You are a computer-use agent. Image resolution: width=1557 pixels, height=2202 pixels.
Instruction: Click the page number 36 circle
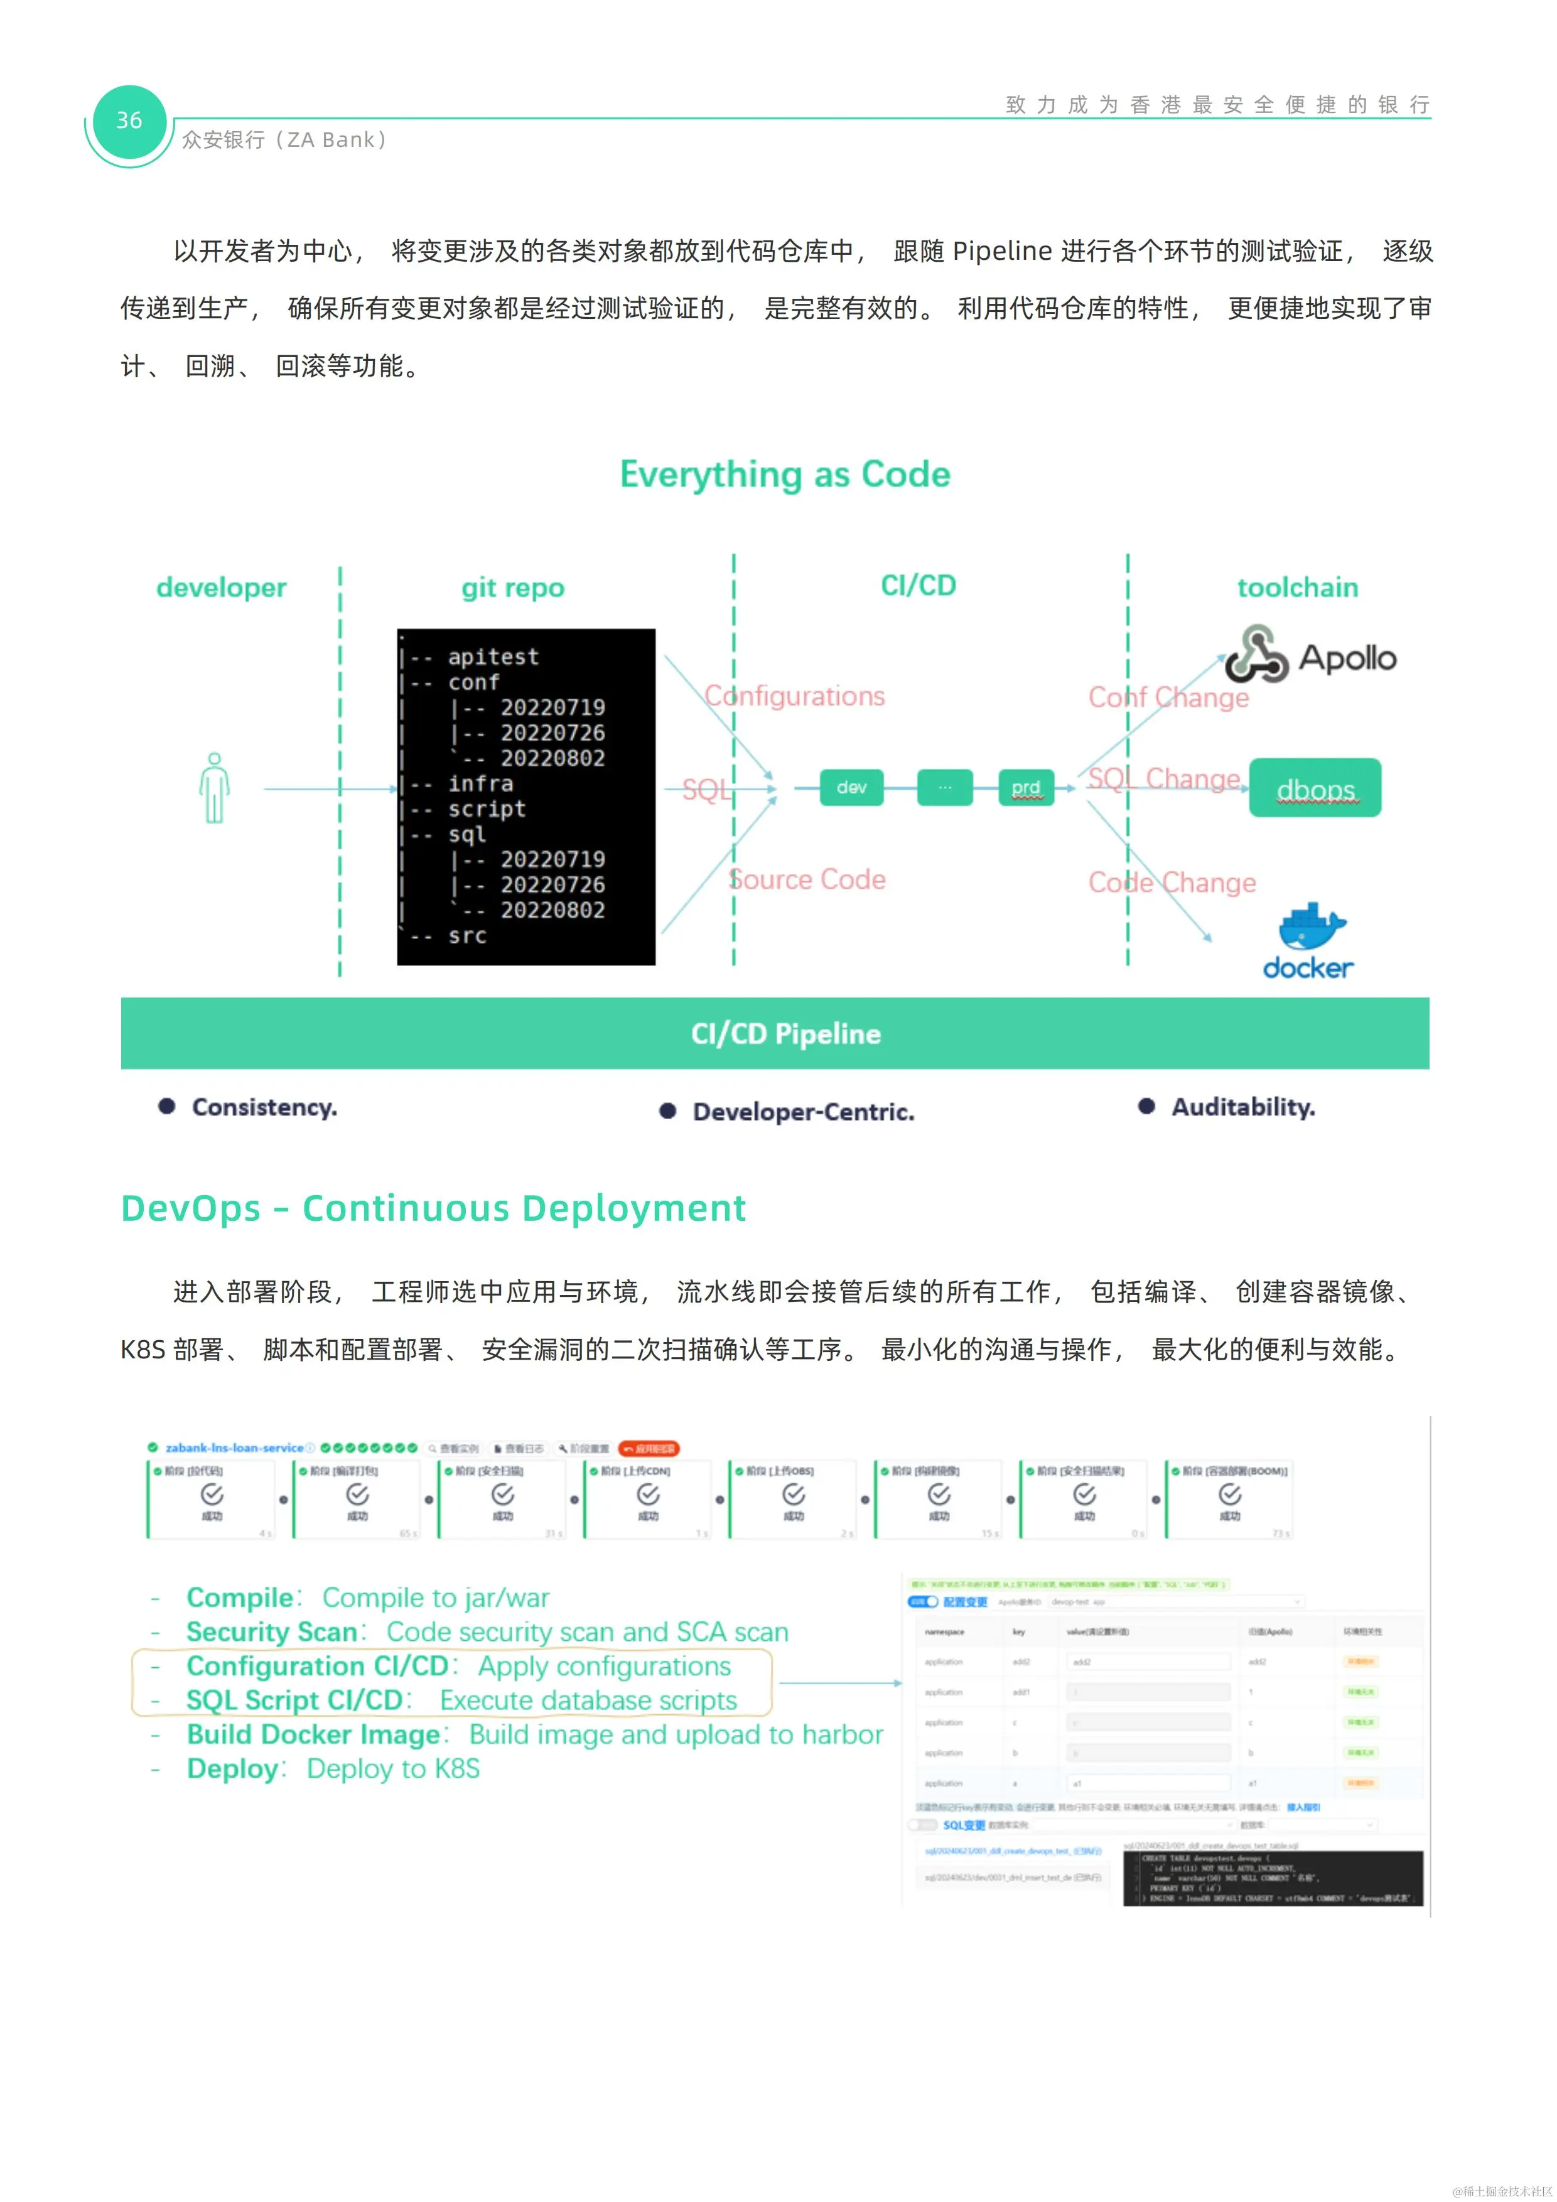[x=129, y=121]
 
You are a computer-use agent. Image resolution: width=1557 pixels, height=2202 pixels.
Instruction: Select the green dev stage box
[x=851, y=787]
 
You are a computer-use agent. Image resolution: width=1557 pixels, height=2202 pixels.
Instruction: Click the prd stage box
[x=1025, y=787]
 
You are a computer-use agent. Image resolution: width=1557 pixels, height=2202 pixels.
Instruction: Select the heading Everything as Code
[x=785, y=475]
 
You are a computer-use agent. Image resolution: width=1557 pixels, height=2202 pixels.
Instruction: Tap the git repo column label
[x=512, y=587]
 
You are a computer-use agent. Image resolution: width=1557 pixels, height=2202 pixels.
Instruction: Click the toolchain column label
[x=1297, y=587]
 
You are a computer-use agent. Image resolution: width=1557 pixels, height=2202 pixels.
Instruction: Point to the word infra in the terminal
[x=481, y=783]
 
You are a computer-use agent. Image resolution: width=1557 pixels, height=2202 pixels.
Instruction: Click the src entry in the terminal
[x=467, y=936]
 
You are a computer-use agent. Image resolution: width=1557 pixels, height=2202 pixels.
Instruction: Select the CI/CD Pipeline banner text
[x=785, y=1034]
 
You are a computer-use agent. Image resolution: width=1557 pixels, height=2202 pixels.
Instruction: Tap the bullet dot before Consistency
[x=167, y=1107]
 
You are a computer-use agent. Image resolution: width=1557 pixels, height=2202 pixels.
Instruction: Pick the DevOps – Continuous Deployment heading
[x=433, y=1208]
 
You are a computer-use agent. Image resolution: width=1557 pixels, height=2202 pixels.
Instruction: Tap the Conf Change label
[x=1168, y=697]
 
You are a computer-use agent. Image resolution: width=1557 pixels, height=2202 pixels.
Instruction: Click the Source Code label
[x=807, y=879]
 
